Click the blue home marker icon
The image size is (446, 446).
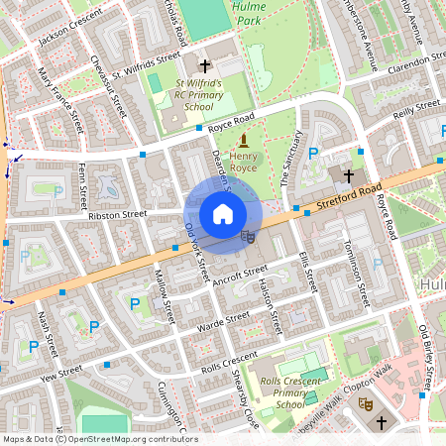tap(223, 213)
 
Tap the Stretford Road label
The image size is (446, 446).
tap(348, 194)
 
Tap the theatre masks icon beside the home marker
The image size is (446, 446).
tap(248, 236)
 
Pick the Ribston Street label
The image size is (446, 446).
tap(117, 213)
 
